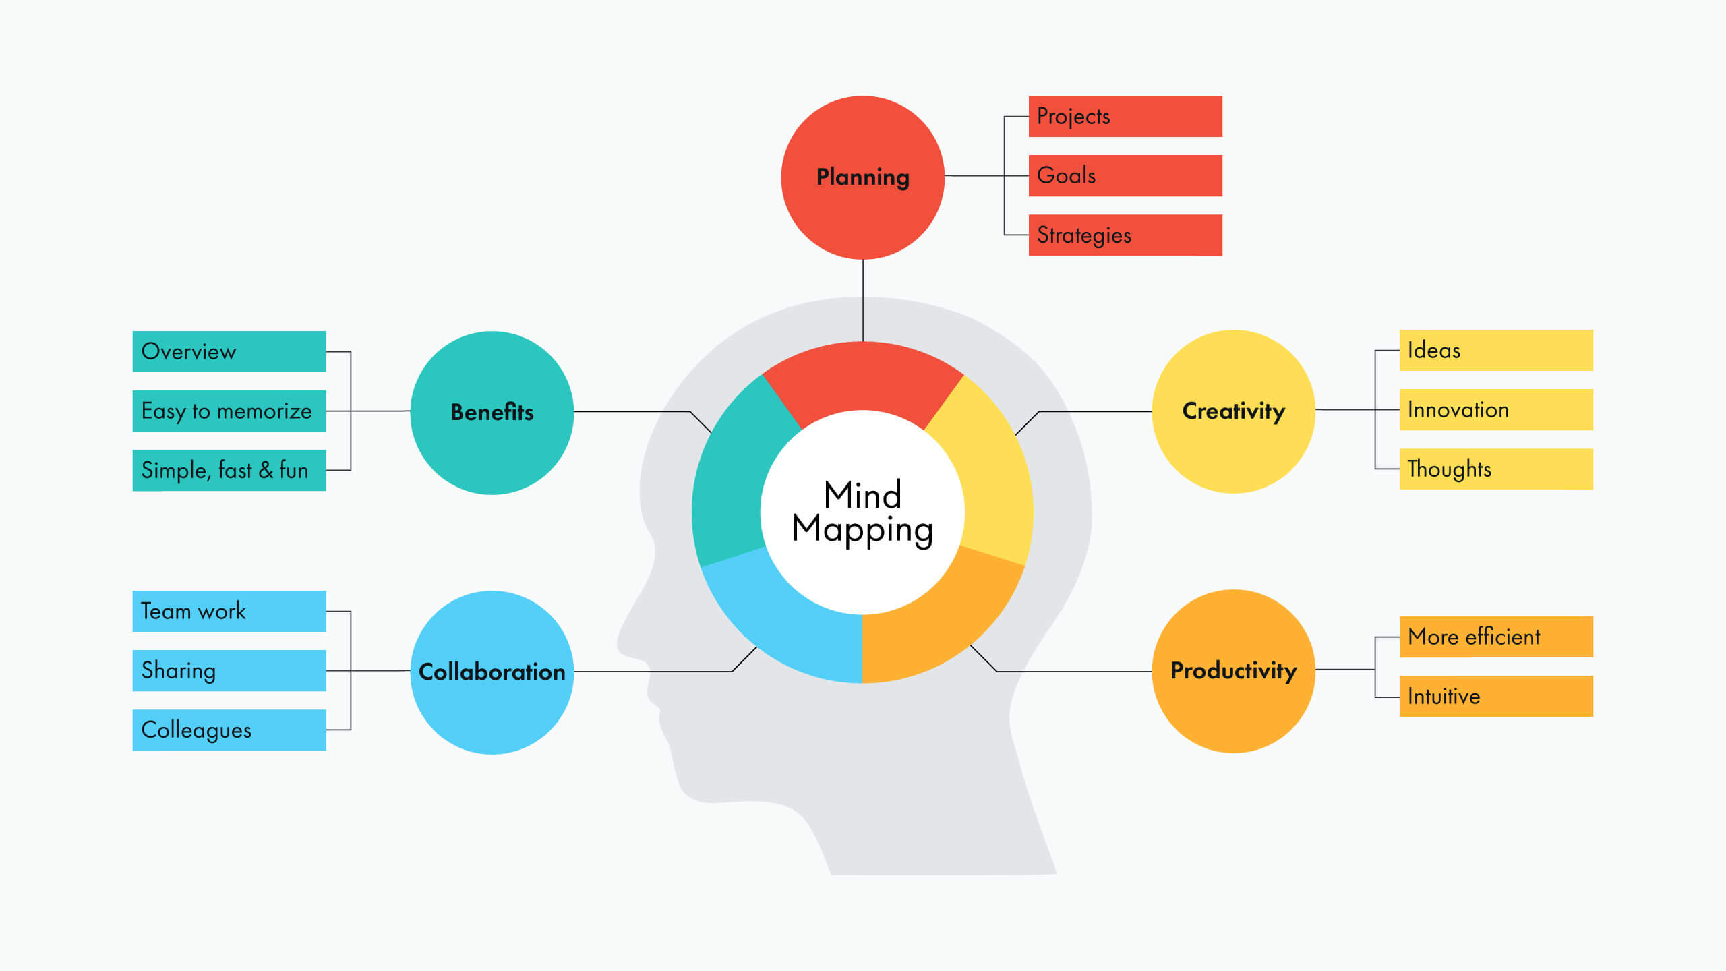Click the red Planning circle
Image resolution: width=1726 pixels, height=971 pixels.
862,177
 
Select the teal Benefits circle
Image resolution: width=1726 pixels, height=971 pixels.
492,412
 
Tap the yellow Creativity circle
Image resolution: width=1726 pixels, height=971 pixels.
1233,411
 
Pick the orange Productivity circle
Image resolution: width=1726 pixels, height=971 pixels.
1233,671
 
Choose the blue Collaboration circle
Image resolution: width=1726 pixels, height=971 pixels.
492,672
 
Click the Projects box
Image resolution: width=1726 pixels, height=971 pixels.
1125,116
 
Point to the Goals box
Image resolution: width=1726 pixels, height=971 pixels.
1125,175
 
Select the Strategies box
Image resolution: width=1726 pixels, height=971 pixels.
1125,235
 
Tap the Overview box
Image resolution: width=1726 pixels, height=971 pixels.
229,351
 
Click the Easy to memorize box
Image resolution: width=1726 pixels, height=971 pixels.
229,411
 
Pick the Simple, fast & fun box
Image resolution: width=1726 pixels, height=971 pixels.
229,470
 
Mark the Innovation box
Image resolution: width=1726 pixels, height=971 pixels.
1495,409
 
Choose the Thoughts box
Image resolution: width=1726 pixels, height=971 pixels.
1495,469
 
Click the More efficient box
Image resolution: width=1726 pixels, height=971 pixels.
1495,637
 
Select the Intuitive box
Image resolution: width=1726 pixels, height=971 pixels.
1495,696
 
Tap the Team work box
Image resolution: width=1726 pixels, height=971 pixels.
229,611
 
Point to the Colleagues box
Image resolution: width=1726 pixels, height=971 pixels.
229,730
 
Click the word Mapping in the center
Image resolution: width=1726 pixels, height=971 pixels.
862,530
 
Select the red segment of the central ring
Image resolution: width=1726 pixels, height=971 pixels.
862,378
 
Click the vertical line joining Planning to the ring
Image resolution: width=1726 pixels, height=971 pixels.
863,300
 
